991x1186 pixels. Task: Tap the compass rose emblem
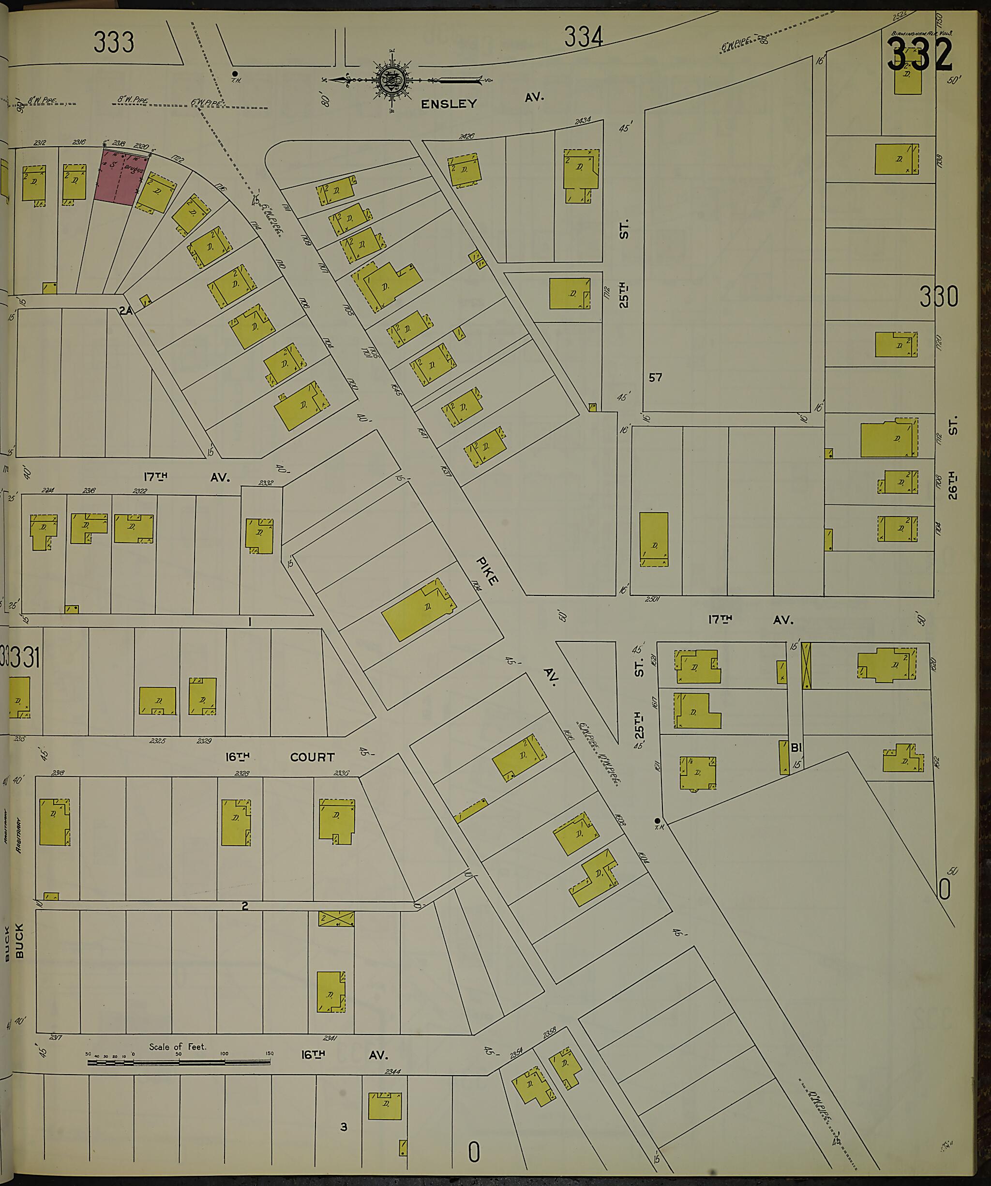391,81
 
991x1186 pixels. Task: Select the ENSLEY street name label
449,104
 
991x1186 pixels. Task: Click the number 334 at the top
583,38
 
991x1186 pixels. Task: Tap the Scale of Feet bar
179,1062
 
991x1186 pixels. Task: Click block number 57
655,377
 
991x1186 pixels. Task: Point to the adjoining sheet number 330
938,296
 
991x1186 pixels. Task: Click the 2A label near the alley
125,310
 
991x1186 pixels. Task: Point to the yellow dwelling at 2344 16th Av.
385,1106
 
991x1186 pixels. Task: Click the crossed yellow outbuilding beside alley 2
336,919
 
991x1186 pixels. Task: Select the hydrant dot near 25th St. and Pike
657,820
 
